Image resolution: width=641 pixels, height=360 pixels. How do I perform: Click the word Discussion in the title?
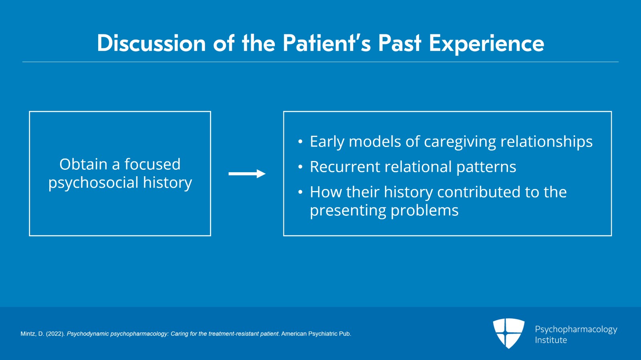[151, 43]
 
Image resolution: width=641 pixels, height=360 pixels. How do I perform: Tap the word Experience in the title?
[486, 43]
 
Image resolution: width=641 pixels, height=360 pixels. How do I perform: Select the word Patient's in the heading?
[327, 43]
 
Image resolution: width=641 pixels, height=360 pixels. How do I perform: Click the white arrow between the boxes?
[247, 174]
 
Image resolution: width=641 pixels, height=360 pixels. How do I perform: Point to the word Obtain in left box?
[83, 164]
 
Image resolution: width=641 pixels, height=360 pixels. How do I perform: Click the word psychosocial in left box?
[93, 183]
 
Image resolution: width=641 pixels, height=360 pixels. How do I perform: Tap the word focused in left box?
[152, 164]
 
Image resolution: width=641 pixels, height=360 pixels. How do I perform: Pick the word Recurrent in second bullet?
[341, 167]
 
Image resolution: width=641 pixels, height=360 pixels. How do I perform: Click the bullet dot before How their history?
[300, 193]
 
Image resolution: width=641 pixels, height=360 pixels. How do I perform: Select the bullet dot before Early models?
[300, 142]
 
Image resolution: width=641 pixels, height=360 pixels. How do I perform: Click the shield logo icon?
[508, 333]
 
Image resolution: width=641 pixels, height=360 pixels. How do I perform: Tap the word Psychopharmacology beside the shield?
[576, 330]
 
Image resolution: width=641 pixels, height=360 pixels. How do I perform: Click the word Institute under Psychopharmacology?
[551, 340]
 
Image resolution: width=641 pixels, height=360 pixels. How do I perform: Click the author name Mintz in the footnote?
[28, 334]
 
